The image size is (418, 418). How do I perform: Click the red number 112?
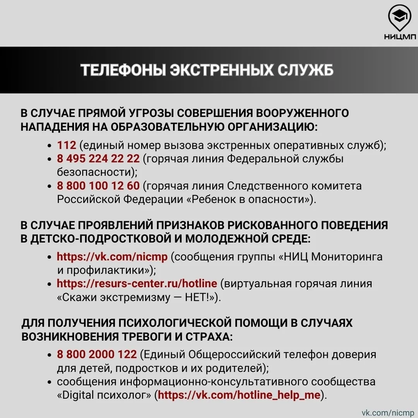[x=67, y=145]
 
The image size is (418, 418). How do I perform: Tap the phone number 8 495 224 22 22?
[x=98, y=159]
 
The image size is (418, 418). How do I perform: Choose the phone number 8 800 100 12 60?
[x=98, y=186]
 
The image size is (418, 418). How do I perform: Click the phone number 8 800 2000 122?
[x=97, y=354]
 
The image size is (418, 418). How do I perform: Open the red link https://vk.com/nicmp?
[x=112, y=257]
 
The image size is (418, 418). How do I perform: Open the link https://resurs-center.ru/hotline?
[x=137, y=284]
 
